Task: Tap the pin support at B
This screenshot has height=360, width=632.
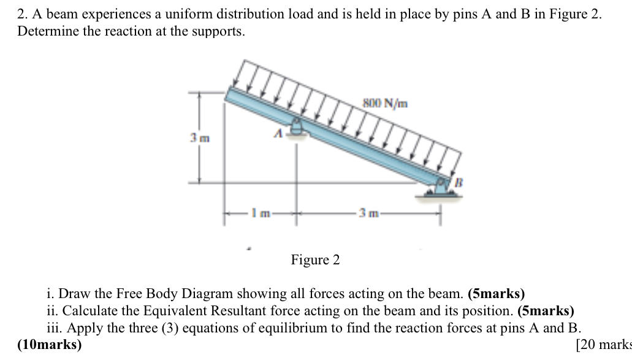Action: [x=441, y=186]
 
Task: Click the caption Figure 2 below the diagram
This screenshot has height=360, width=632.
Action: [x=315, y=260]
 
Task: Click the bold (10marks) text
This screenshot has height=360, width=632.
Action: [x=49, y=344]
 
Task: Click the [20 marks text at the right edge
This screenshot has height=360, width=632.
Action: [x=603, y=344]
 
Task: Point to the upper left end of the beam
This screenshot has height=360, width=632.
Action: [x=229, y=93]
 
